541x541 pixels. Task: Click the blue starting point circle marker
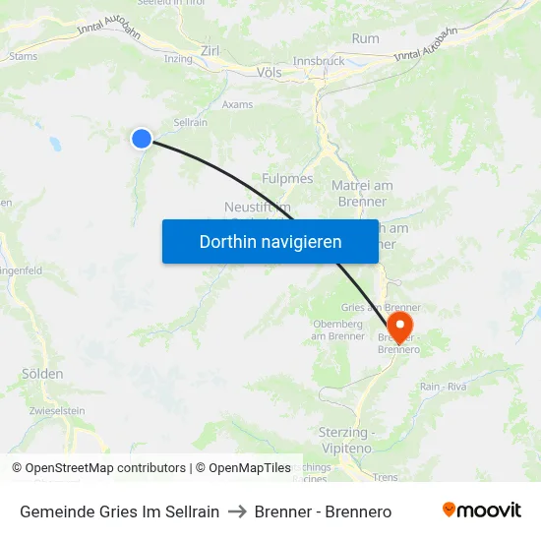[142, 139]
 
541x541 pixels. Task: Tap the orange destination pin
[400, 325]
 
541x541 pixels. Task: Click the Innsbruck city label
[318, 60]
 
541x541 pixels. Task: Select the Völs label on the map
[268, 73]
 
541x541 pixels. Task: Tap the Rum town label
[365, 38]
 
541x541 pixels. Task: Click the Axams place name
[237, 104]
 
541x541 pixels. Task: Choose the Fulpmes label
[287, 178]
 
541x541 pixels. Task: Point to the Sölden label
[42, 374]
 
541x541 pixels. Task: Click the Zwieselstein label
[57, 410]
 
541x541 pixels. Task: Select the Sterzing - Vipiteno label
[346, 439]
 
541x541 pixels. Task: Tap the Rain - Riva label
[443, 387]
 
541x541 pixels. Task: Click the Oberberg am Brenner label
[338, 331]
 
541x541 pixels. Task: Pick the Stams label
[23, 56]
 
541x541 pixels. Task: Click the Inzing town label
[178, 59]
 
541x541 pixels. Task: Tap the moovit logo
[481, 511]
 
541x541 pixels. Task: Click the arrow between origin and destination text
[236, 511]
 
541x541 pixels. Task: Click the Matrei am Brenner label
[363, 193]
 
